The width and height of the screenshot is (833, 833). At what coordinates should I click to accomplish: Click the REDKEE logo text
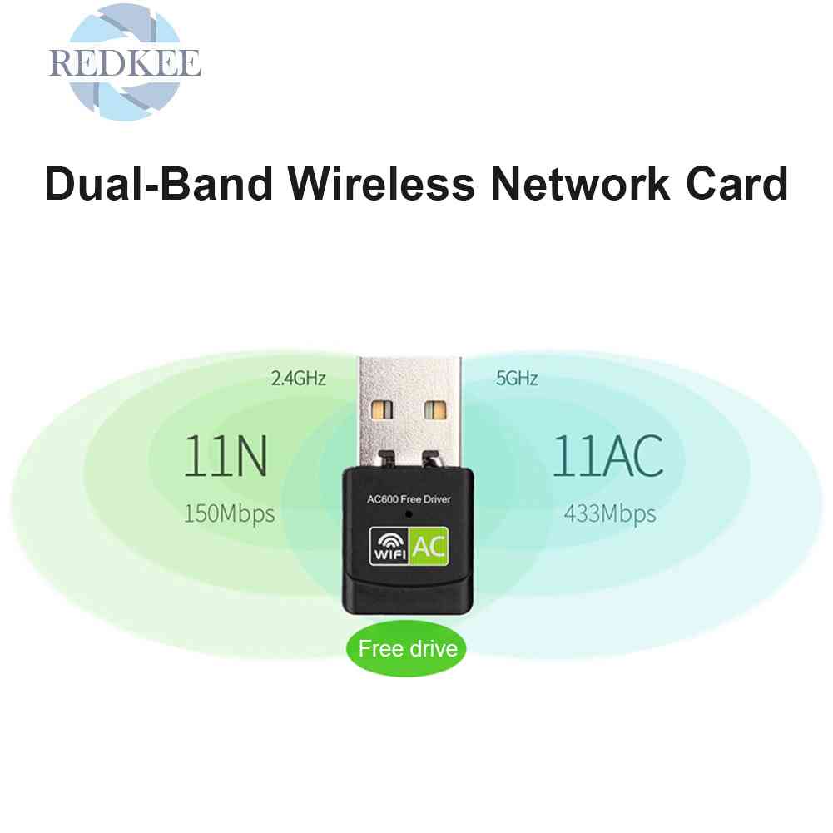tap(125, 63)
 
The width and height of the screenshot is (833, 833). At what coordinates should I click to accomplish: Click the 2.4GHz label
tap(298, 379)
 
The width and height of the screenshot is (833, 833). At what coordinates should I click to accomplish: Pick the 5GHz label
tap(517, 379)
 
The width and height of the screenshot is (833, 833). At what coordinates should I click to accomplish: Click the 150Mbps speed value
tap(229, 513)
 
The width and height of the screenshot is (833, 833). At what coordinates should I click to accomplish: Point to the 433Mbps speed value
tap(610, 513)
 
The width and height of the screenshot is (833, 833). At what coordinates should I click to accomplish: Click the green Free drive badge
tap(408, 647)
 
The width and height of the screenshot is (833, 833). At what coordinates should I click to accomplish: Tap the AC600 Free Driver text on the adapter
tap(409, 500)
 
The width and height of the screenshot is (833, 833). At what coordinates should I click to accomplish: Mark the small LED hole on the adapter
tap(409, 515)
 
